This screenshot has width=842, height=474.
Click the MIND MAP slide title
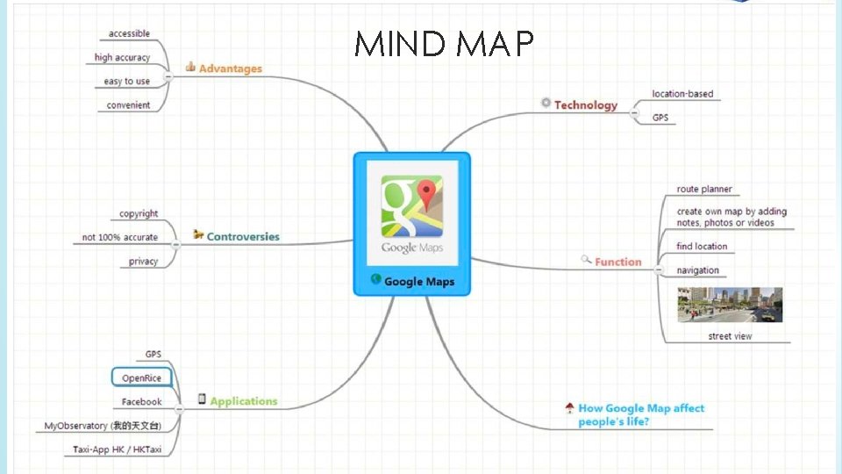tap(444, 43)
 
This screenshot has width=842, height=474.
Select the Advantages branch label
tap(230, 68)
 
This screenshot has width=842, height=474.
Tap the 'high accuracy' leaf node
tap(123, 58)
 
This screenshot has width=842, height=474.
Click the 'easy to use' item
tap(127, 82)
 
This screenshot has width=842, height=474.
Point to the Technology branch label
tap(585, 105)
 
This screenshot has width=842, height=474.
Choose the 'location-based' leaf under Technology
tap(682, 94)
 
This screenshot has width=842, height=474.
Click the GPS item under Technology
tap(660, 117)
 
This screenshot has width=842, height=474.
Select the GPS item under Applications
tap(153, 355)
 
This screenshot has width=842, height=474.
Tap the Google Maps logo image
tap(411, 214)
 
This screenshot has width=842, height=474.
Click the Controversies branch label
tap(243, 237)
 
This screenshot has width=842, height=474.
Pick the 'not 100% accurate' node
tap(120, 238)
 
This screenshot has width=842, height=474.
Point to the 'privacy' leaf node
tap(144, 262)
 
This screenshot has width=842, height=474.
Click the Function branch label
tap(618, 262)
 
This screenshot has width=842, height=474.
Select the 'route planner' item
tap(704, 190)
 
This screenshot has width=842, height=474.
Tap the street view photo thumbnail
tap(730, 305)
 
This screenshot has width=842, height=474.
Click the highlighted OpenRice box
tap(141, 378)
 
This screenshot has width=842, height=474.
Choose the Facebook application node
tap(142, 402)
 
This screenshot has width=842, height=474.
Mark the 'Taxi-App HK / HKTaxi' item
tap(118, 449)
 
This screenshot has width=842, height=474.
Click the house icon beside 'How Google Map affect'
tap(570, 408)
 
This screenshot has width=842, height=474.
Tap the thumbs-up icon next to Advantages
tap(190, 67)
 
